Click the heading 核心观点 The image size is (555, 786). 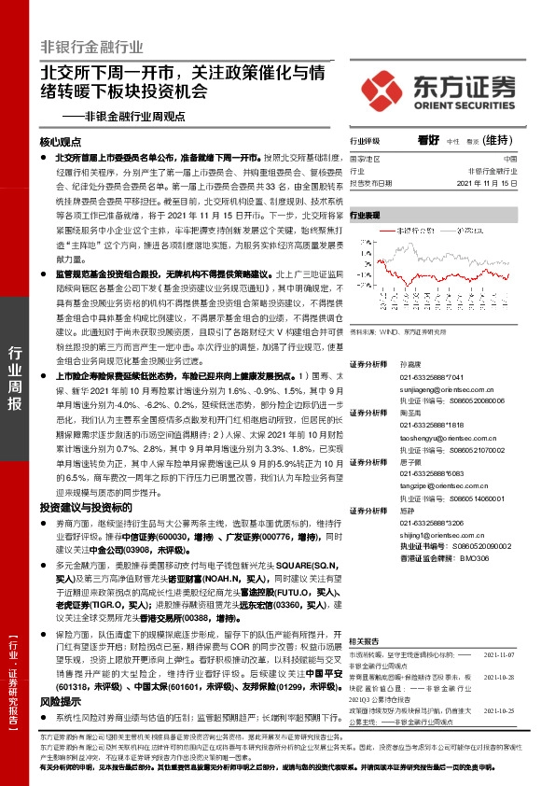tap(62, 142)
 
